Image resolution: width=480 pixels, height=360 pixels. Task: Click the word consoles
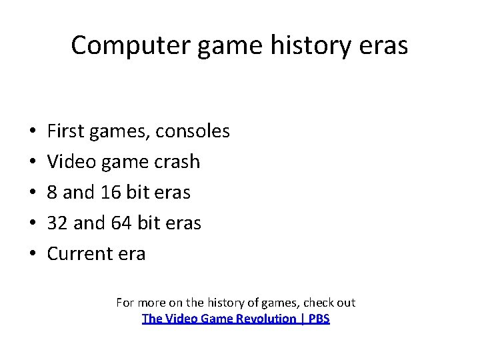[x=193, y=131]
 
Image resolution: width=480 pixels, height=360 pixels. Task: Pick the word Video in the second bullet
[x=66, y=162]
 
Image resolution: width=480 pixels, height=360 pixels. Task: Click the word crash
[x=177, y=162]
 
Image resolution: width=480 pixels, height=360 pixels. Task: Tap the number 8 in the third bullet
[x=52, y=193]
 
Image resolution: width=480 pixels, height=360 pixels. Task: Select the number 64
[x=121, y=223]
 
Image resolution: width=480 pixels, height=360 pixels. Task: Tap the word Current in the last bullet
[x=77, y=254]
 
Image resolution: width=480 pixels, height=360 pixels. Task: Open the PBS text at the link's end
[x=319, y=319]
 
